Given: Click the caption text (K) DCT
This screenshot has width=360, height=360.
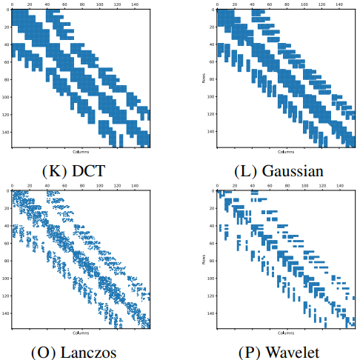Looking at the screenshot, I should pos(74,171).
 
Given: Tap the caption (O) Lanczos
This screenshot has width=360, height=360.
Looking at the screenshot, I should pos(74,350).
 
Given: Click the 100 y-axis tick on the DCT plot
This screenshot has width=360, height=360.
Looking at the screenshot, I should pos(7,96).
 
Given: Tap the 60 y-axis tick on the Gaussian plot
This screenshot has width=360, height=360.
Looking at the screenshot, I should pos(209,61).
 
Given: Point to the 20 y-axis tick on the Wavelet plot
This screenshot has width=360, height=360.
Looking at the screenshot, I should pos(209,208).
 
